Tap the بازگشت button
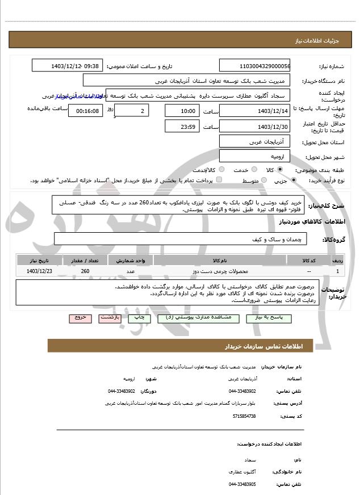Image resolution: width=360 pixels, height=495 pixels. (x=110, y=318)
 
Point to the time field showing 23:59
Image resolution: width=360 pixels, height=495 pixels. (x=182, y=126)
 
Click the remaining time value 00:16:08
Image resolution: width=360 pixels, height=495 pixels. (x=85, y=110)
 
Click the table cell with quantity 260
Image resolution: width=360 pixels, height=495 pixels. (x=85, y=271)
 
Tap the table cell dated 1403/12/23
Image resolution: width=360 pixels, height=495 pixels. (x=39, y=271)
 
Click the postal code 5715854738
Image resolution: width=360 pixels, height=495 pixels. (x=244, y=416)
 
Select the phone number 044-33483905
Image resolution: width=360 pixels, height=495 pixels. (x=242, y=484)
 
